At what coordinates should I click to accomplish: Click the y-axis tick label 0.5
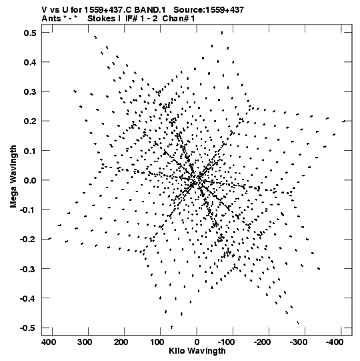coord(30,33)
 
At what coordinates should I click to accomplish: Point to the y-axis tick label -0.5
coord(28,328)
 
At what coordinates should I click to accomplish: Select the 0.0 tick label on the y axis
coord(30,180)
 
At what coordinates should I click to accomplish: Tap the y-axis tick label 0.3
coord(30,91)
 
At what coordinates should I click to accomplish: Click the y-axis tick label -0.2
coord(28,240)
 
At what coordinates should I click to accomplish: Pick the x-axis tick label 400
coord(49,342)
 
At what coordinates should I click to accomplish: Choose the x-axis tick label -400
coord(335,342)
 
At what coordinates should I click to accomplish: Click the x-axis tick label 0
coord(197,342)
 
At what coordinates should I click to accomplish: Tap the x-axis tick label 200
coord(121,342)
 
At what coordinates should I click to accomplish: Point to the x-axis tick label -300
coord(299,342)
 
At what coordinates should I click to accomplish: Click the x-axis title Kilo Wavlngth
coord(197,351)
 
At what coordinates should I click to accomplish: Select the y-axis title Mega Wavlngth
coord(13,177)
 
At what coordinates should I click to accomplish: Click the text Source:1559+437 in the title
coord(209,10)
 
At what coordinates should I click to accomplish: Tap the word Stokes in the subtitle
coord(101,19)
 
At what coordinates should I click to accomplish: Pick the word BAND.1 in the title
coord(150,10)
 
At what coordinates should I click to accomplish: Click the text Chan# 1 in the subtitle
coord(179,19)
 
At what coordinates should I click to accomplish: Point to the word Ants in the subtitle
coord(51,19)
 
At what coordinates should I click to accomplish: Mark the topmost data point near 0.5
coord(222,33)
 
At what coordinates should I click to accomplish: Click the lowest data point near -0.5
coord(171,327)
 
